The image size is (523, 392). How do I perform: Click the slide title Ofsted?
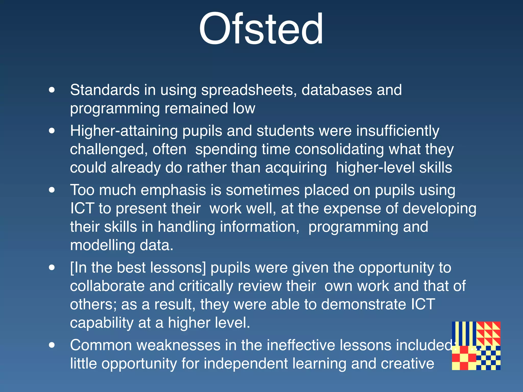261,29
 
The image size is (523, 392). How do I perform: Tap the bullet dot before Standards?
52,90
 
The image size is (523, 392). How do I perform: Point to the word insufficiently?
398,131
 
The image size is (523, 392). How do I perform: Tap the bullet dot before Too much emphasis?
52,190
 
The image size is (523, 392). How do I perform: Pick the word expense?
352,209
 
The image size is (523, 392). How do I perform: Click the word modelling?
102,245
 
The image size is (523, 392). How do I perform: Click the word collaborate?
107,286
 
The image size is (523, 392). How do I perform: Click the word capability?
102,323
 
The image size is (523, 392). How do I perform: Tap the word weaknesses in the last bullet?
178,345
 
